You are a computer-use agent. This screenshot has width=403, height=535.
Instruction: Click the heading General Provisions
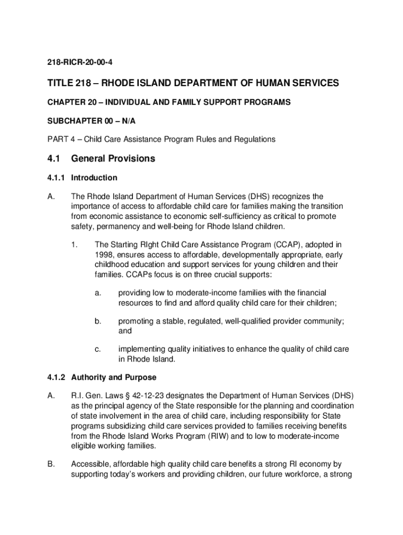tap(113, 159)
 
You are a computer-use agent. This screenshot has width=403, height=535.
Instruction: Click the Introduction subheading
tap(94, 178)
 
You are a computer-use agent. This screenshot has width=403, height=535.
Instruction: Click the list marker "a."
tap(98, 294)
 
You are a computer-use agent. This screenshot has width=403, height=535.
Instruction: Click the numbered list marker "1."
tap(74, 245)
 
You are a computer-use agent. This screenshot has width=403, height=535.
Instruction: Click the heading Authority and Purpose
tap(114, 377)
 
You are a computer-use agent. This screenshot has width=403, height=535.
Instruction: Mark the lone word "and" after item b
tap(125, 331)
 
